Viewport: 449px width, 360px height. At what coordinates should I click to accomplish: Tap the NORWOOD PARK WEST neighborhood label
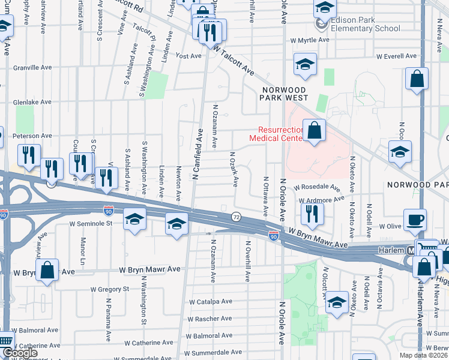coord(285,93)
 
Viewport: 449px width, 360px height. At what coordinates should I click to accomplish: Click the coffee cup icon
coord(415,219)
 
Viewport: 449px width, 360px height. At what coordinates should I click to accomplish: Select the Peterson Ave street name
coord(31,137)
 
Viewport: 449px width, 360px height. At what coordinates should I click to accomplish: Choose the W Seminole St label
coord(91,224)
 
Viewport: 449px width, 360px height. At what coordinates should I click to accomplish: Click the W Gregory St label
coord(109,289)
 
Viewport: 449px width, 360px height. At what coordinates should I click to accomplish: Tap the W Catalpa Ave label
coord(210,302)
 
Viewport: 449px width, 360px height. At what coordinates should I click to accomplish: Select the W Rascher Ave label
coord(210,319)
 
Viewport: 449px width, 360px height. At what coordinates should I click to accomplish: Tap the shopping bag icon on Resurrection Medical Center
coord(314,131)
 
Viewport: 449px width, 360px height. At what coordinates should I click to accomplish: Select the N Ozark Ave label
coord(237,169)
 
